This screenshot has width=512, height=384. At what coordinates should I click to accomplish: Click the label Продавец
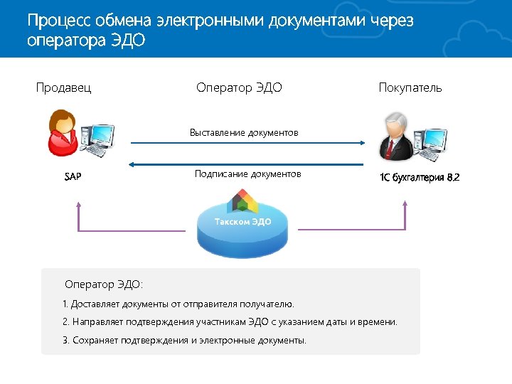[64, 88]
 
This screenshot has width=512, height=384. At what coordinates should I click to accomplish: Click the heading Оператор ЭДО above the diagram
[239, 88]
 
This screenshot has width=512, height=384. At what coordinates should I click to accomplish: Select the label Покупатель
[410, 88]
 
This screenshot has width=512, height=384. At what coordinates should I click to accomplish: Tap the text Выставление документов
[244, 133]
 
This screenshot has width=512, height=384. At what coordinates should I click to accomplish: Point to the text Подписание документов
[247, 174]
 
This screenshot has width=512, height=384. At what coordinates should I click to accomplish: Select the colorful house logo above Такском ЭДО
[242, 201]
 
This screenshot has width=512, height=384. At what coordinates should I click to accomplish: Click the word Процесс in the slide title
[60, 21]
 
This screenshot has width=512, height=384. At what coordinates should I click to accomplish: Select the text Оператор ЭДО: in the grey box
[104, 284]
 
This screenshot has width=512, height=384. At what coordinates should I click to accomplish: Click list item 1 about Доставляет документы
[178, 304]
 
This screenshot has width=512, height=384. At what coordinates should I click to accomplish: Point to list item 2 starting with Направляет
[230, 322]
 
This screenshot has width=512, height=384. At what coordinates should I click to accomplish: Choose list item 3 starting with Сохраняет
[184, 340]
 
